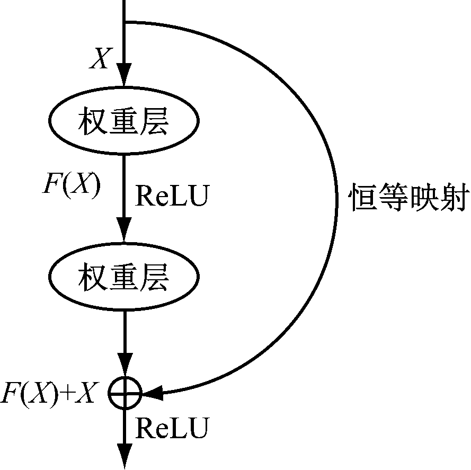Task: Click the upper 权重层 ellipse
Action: point(124,122)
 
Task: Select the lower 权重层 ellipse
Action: point(124,277)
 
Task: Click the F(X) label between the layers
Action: point(72,187)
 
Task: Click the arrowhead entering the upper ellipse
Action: point(124,77)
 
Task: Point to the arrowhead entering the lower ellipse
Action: point(124,232)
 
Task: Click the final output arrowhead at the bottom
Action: point(125,457)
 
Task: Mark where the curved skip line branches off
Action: point(125,22)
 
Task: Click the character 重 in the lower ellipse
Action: point(124,277)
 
